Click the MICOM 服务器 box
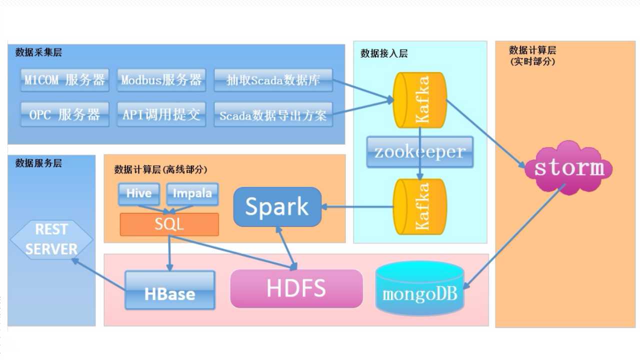tap(65, 80)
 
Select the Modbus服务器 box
tap(161, 80)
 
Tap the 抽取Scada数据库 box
tap(273, 80)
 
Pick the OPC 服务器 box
tap(65, 114)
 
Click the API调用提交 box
tap(161, 114)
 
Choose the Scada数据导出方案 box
tap(273, 114)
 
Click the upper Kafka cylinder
tap(419, 100)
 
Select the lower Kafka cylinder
tap(419, 207)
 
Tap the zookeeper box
tap(420, 152)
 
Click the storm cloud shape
tap(568, 168)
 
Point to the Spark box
tap(277, 207)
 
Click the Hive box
tap(139, 194)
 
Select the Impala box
tap(192, 194)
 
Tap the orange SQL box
tap(169, 224)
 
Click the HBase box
tap(170, 290)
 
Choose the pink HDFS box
tap(296, 288)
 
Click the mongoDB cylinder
tap(419, 288)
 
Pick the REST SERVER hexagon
tap(51, 239)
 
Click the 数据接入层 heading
tap(383, 53)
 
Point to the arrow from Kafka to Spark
tap(357, 206)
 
